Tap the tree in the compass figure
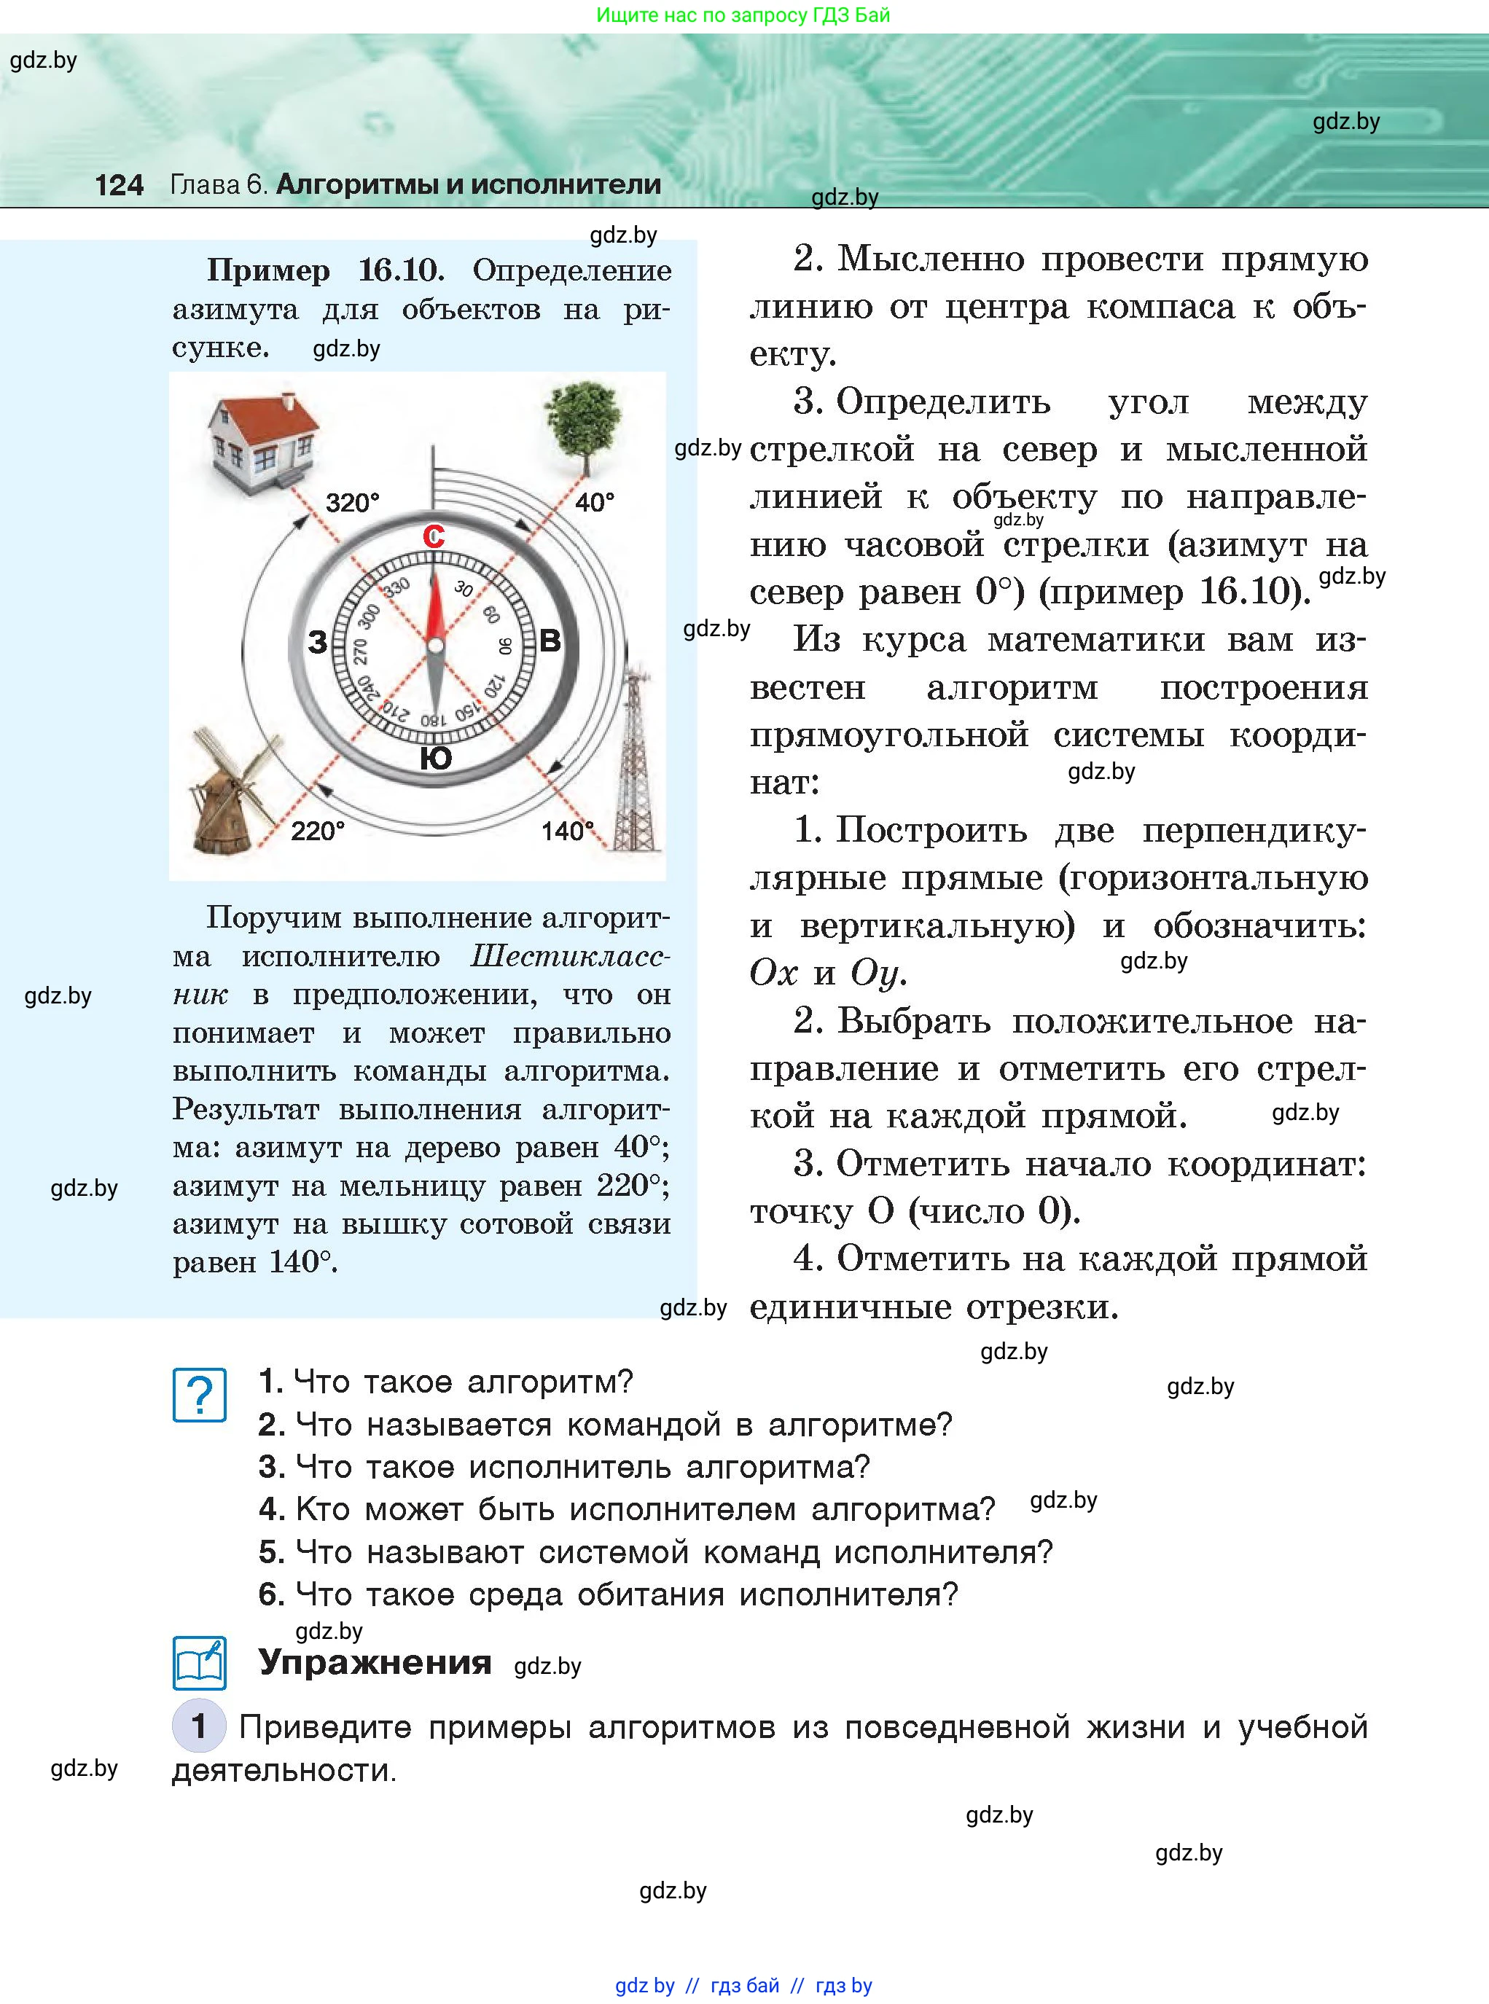pyautogui.click(x=587, y=423)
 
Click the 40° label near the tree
pyautogui.click(x=595, y=502)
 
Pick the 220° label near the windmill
pyautogui.click(x=317, y=831)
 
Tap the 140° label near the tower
pyautogui.click(x=567, y=831)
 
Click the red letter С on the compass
pyautogui.click(x=434, y=537)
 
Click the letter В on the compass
pyautogui.click(x=550, y=641)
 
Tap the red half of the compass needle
pyautogui.click(x=434, y=603)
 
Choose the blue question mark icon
pyautogui.click(x=199, y=1395)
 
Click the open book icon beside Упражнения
pyautogui.click(x=199, y=1662)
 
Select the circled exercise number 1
pyautogui.click(x=198, y=1726)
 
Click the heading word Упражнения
pyautogui.click(x=375, y=1661)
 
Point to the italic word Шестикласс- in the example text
pyautogui.click(x=570, y=956)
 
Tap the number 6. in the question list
pyautogui.click(x=270, y=1594)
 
